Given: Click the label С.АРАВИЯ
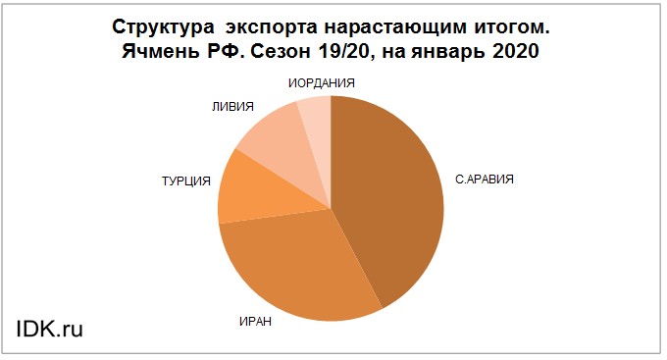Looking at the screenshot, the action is (x=485, y=180).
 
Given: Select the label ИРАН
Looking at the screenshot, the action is (x=255, y=322).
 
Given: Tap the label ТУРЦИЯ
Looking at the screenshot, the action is (x=186, y=181).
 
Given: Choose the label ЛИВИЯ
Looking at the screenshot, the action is (x=232, y=106).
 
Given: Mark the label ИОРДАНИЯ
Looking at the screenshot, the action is (x=321, y=83).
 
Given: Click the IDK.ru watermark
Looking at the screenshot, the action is (x=49, y=329).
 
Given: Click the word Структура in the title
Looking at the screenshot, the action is (x=163, y=27).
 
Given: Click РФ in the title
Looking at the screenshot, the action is (x=226, y=51).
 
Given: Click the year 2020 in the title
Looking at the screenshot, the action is (x=516, y=51).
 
